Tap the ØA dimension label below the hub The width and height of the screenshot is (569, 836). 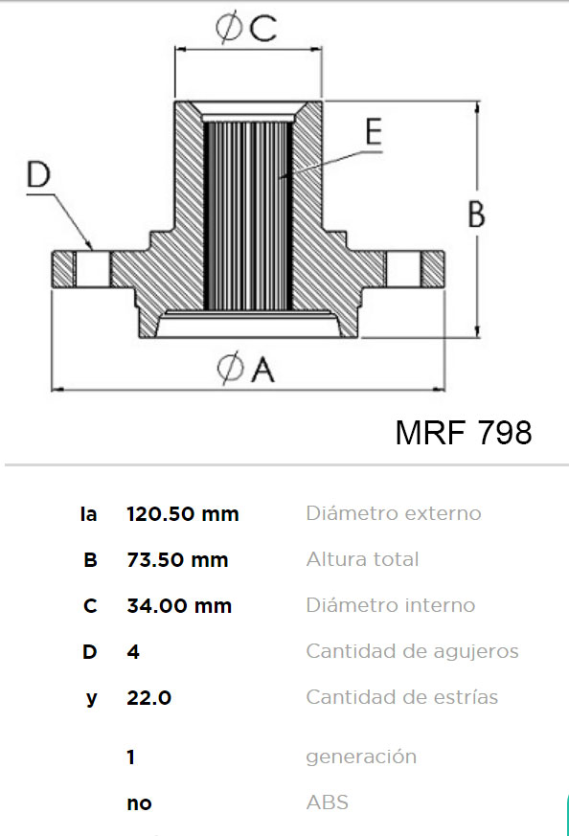246,369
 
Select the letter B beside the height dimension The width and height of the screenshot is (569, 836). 476,214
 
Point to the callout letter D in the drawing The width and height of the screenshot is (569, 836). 39,174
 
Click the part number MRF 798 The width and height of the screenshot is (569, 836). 464,432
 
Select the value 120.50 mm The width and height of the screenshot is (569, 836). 183,514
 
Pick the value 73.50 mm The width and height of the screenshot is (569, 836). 177,560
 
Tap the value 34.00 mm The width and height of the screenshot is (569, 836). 179,605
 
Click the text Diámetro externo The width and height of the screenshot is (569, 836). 394,513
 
